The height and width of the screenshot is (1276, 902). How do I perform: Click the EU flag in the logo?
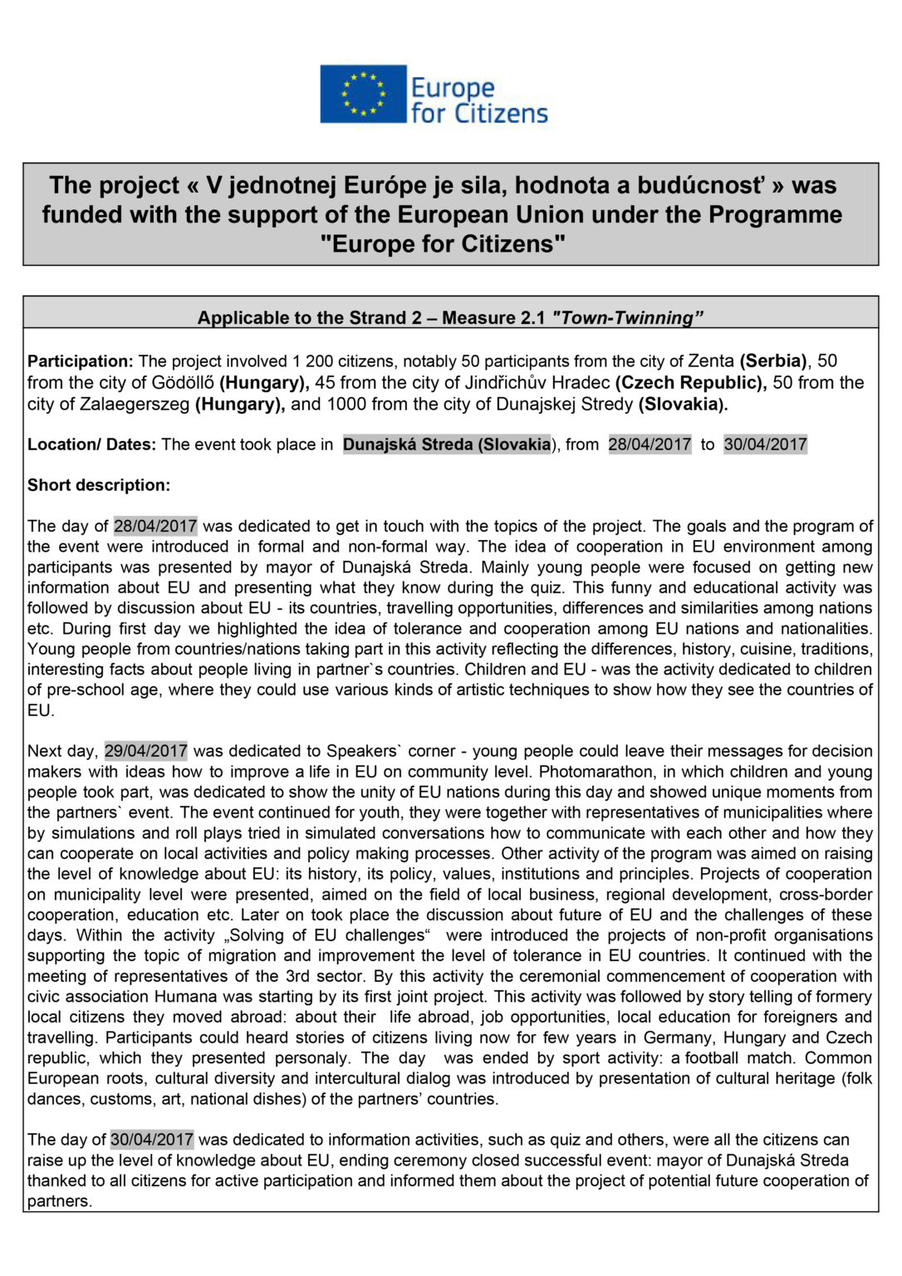(x=363, y=94)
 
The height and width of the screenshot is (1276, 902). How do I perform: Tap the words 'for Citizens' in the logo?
(x=479, y=113)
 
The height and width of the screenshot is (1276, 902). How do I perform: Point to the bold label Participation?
(x=80, y=361)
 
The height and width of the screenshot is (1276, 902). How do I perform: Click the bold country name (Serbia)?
(x=773, y=361)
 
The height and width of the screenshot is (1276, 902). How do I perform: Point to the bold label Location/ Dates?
(x=91, y=444)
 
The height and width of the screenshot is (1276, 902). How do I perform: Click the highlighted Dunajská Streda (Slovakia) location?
(x=447, y=444)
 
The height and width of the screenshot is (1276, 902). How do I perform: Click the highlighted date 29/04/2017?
(x=146, y=751)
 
